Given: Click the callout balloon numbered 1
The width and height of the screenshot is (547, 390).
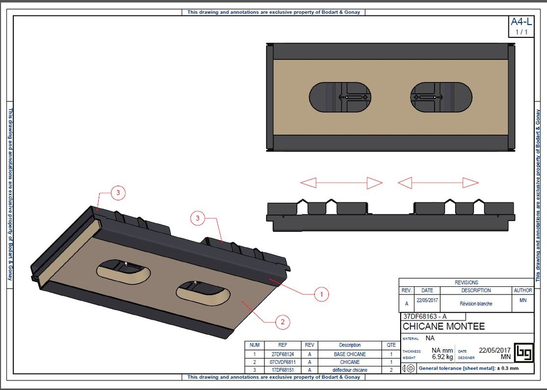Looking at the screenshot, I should [x=322, y=293].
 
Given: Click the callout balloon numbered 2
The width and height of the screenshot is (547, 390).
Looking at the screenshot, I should [x=282, y=322].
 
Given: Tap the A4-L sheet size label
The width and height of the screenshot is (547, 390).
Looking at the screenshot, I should [x=521, y=22].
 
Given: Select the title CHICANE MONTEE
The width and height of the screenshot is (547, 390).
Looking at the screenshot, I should [x=443, y=326].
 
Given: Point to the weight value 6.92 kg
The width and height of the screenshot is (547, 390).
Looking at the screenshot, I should [x=442, y=357].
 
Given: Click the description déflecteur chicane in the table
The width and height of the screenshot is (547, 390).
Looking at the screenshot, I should [x=350, y=370].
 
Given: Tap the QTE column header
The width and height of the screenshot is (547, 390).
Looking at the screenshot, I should [x=392, y=345].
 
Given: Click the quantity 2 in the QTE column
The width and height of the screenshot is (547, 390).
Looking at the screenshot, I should [x=392, y=370].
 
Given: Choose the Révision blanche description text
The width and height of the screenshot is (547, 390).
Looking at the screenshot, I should [x=476, y=303].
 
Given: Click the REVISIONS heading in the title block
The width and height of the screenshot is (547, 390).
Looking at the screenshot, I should [x=466, y=282].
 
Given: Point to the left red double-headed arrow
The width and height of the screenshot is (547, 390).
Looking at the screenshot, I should [x=341, y=183].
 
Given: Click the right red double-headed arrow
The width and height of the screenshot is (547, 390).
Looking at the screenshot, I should [x=438, y=183].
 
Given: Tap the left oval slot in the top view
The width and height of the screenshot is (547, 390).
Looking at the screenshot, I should [x=340, y=97].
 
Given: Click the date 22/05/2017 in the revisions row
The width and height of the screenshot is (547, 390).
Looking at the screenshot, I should [x=427, y=300].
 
